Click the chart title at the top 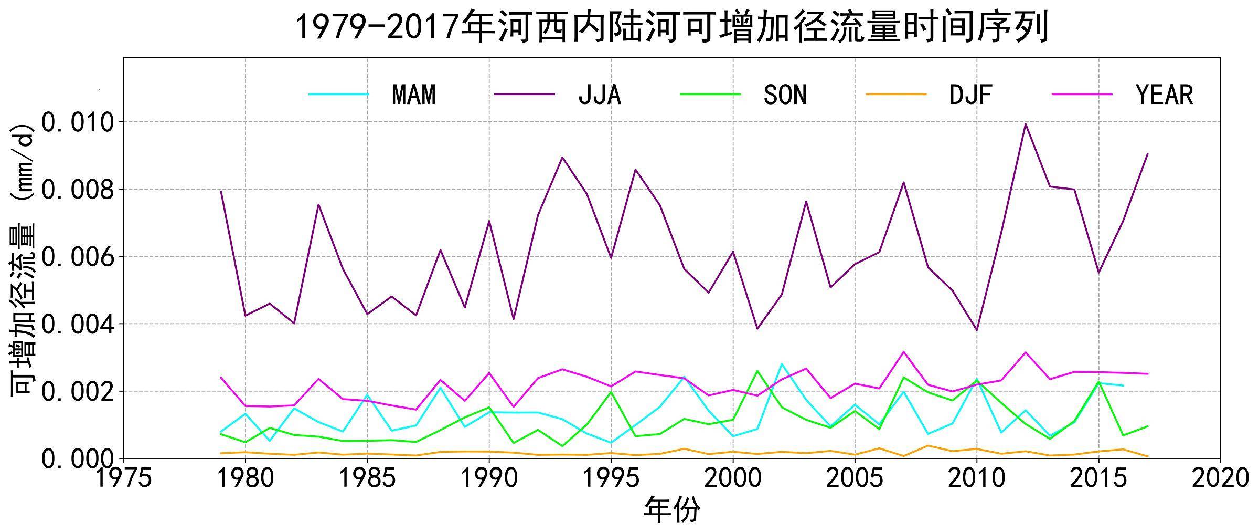(672, 27)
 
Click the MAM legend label (414, 95)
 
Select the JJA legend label (600, 95)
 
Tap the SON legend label (785, 95)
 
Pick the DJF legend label (970, 95)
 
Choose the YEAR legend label (1164, 95)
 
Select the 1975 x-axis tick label (123, 478)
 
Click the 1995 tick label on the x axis (611, 478)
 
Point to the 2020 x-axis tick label (1220, 478)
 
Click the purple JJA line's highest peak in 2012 (1026, 124)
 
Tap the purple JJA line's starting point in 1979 (221, 191)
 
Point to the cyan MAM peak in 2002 (782, 364)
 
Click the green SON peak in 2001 (757, 371)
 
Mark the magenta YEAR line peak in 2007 (903, 352)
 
